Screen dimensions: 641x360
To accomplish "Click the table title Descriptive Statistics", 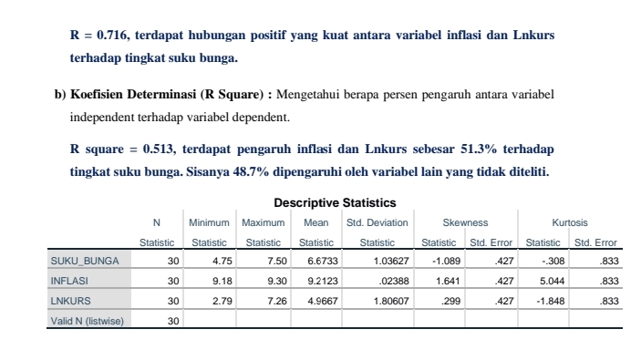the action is point(335,202).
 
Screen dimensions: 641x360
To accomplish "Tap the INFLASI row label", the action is point(67,281).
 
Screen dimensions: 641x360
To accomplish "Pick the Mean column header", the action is point(315,222).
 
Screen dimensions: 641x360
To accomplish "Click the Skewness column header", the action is point(465,222).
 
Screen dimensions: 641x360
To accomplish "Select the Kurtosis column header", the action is point(570,222).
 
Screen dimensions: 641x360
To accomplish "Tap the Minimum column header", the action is point(210,222).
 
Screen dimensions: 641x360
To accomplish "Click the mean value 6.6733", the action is point(315,262).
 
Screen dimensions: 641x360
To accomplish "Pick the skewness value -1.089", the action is point(442,262).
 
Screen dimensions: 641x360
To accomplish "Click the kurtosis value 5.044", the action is point(547,281).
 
